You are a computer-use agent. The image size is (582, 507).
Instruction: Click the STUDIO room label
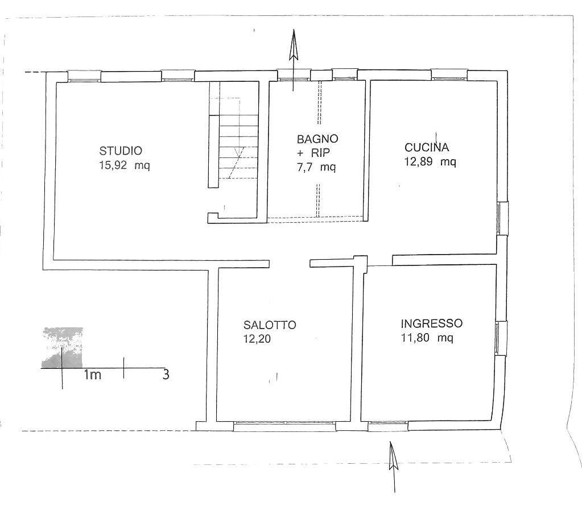[x=121, y=151]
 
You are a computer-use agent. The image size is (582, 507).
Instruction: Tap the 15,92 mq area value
[x=125, y=165]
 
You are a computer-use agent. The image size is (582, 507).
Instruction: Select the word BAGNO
[x=317, y=139]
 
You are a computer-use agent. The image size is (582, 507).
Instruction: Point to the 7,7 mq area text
[x=316, y=167]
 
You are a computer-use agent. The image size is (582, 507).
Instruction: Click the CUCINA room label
[x=427, y=147]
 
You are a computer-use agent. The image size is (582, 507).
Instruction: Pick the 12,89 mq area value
[x=430, y=161]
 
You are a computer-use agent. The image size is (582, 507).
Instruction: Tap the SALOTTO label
[x=270, y=325]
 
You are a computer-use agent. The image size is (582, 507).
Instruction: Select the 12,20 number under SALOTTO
[x=257, y=339]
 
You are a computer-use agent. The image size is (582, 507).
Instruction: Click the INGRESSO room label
[x=432, y=323]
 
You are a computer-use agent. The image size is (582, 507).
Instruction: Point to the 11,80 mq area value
[x=427, y=338]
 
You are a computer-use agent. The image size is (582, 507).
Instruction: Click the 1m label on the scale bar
[x=92, y=375]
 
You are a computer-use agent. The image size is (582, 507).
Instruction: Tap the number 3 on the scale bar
[x=166, y=375]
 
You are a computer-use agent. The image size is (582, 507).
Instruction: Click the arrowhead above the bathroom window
[x=294, y=44]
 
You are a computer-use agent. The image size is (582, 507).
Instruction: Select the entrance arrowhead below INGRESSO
[x=393, y=456]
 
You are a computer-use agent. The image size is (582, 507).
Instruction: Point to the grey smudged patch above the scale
[x=62, y=347]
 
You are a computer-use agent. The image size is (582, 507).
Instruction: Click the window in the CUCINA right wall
[x=502, y=218]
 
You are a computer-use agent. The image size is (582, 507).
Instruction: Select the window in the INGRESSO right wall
[x=500, y=338]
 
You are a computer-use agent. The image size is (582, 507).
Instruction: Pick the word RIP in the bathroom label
[x=320, y=153]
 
